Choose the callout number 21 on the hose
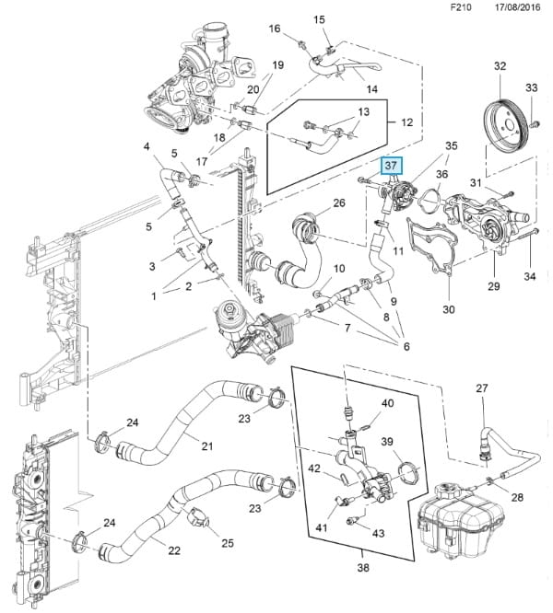[x=207, y=446]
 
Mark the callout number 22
[x=174, y=549]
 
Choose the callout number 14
[x=372, y=89]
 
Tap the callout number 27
[x=480, y=388]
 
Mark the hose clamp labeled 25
[x=196, y=522]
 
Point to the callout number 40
[x=387, y=403]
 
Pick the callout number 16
[x=274, y=29]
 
